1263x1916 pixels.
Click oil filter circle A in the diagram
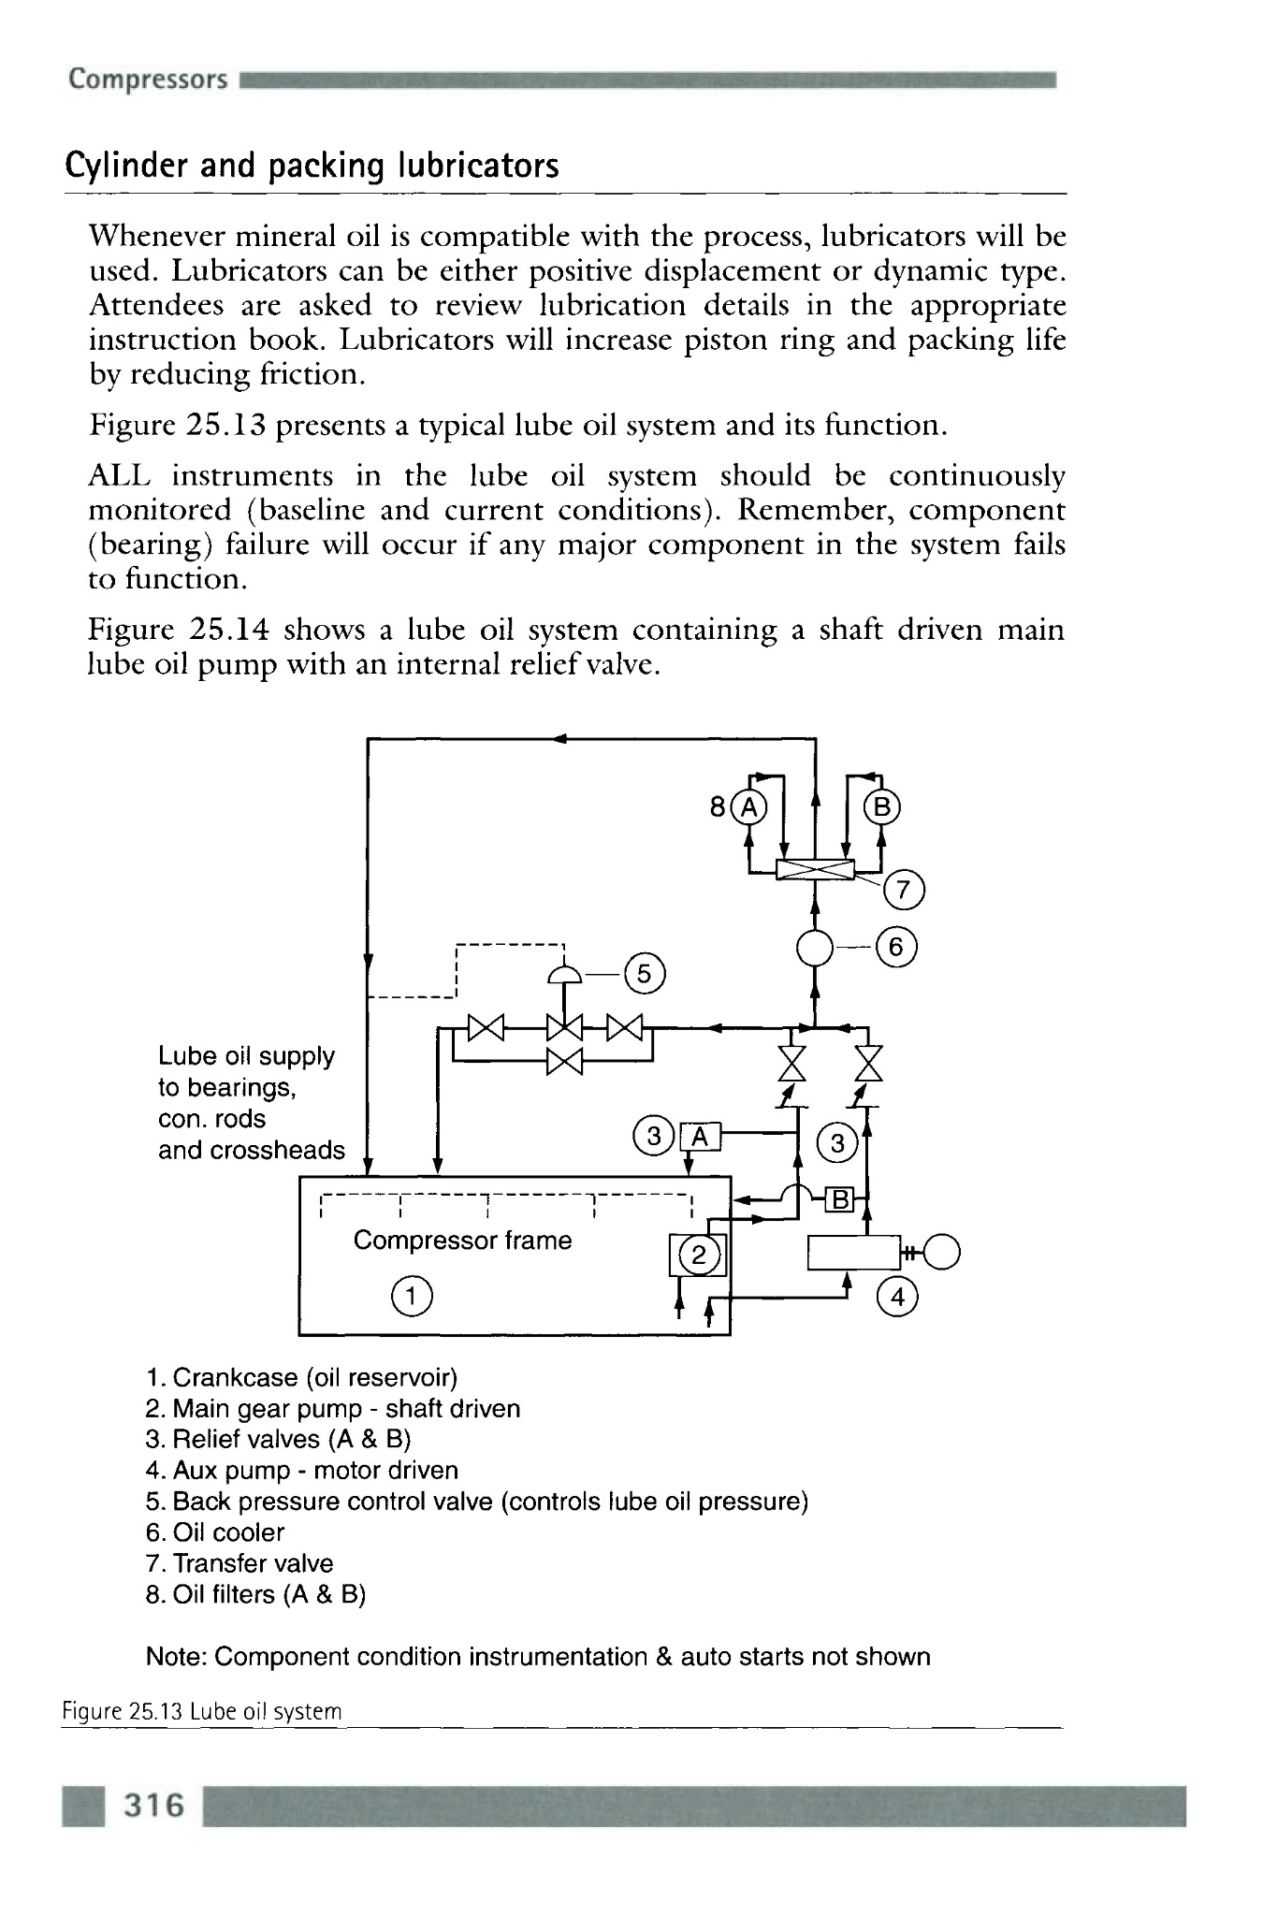(748, 806)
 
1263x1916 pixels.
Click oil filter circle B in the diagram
(882, 806)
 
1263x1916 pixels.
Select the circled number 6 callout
(897, 948)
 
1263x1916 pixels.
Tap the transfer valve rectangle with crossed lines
(815, 870)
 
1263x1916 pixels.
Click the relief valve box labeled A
(702, 1136)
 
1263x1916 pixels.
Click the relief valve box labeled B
(839, 1199)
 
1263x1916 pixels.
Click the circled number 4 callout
(898, 1298)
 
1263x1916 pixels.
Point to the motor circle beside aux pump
(943, 1252)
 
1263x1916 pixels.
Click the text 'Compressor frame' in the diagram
(462, 1241)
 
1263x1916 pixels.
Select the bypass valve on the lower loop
(565, 1062)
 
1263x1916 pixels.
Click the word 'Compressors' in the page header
(148, 79)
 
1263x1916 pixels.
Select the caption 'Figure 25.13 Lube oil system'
(202, 1712)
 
